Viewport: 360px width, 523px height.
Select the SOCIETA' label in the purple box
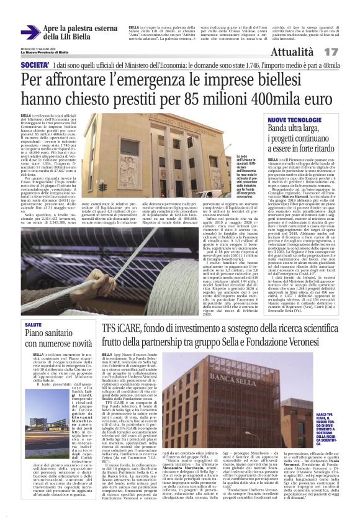(35, 65)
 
